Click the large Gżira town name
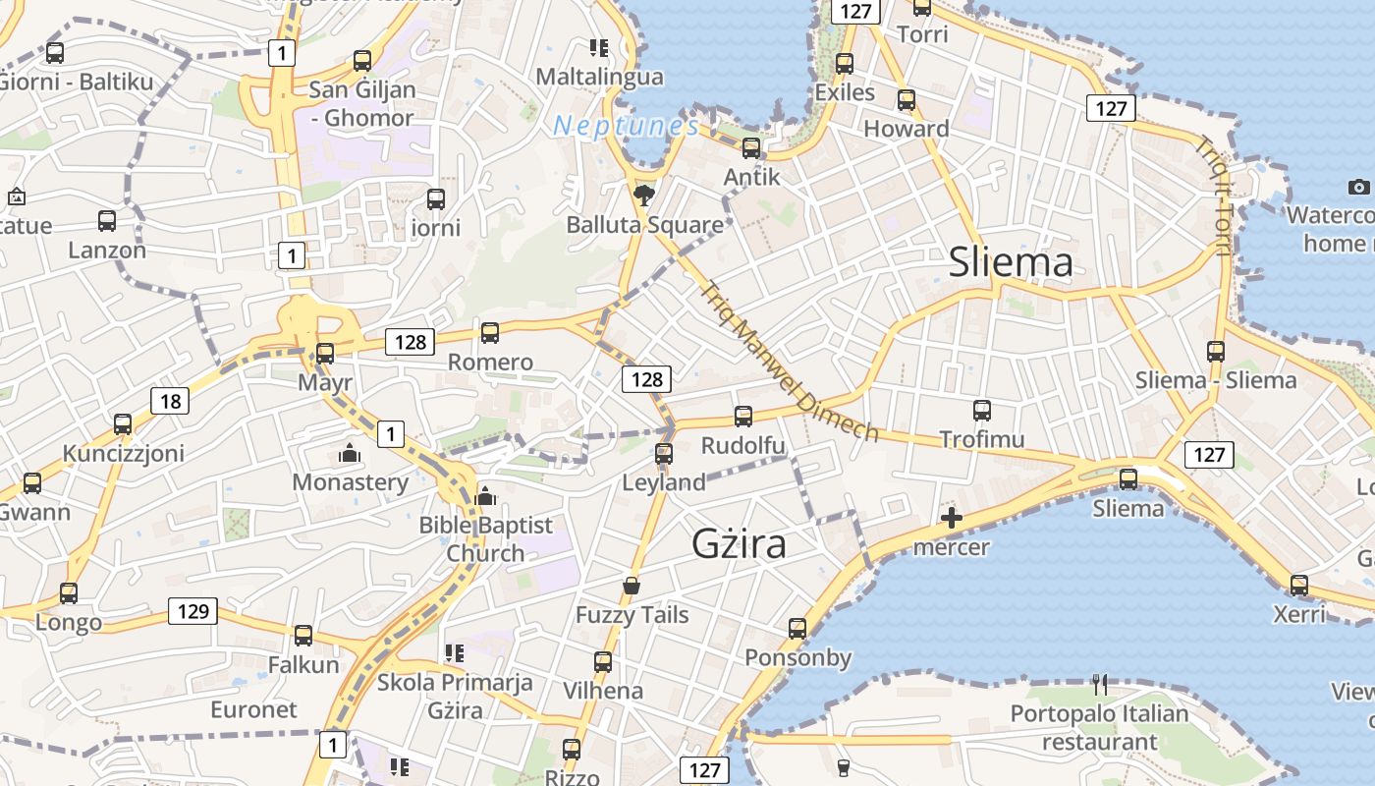coord(739,543)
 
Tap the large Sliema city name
coord(1011,262)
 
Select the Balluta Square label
coord(644,225)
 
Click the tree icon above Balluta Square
coord(644,193)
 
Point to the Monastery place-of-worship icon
coord(349,454)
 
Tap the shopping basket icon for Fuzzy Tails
coord(632,587)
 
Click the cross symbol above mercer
coord(951,518)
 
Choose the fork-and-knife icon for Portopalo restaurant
coord(1100,684)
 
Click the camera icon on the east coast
coord(1359,187)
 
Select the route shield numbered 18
coord(170,401)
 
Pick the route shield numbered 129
coord(192,611)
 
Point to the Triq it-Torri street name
coord(1213,195)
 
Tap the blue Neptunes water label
coord(627,126)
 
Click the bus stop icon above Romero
coord(490,332)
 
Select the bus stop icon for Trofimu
coord(982,411)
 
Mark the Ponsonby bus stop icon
coord(797,628)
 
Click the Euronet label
coord(253,709)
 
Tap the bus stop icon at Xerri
coord(1299,586)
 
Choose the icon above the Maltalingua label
coord(599,47)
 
